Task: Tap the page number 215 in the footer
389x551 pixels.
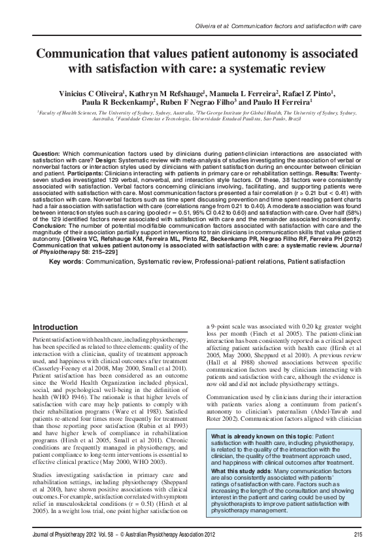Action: coord(357,536)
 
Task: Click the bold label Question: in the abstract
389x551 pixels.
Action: coord(46,152)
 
